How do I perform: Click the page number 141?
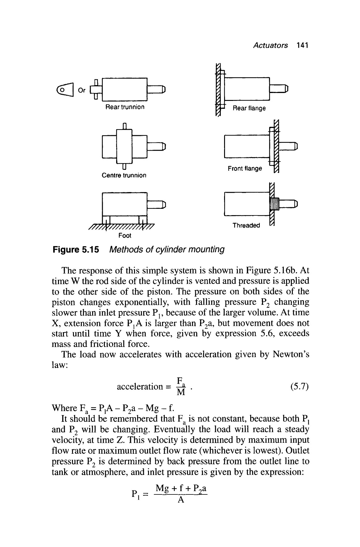click(303, 46)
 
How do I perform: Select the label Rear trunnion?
click(125, 107)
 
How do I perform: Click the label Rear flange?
click(249, 108)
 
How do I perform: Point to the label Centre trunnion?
click(124, 175)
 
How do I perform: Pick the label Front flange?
click(245, 168)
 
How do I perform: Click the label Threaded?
click(246, 225)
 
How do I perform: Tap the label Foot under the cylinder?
click(125, 236)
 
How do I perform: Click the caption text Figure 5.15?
click(76, 250)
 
